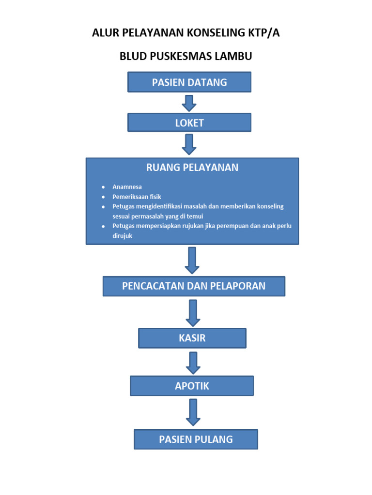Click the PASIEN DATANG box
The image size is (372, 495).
189,82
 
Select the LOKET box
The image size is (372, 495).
189,123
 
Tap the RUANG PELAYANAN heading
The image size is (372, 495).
192,168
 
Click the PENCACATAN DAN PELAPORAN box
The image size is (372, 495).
194,286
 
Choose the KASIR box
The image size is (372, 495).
192,338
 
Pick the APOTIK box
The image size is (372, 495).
192,386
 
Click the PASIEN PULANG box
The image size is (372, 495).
196,439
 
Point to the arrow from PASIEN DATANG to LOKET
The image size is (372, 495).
189,103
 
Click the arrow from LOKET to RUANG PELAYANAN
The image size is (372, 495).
189,144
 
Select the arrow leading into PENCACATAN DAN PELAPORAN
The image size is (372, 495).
192,260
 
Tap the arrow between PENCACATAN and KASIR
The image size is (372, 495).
193,312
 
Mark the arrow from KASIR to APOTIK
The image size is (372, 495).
193,363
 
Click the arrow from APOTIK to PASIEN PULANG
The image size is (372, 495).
193,412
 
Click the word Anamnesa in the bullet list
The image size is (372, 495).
127,187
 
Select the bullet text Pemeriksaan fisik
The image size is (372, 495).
137,197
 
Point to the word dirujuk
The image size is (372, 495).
122,236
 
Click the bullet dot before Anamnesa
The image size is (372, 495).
103,187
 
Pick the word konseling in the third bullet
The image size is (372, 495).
269,206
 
